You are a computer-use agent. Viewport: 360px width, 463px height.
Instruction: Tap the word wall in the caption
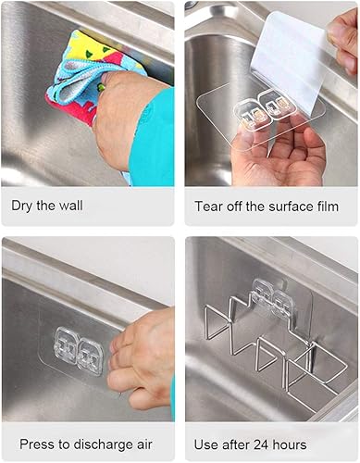(x=69, y=206)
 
